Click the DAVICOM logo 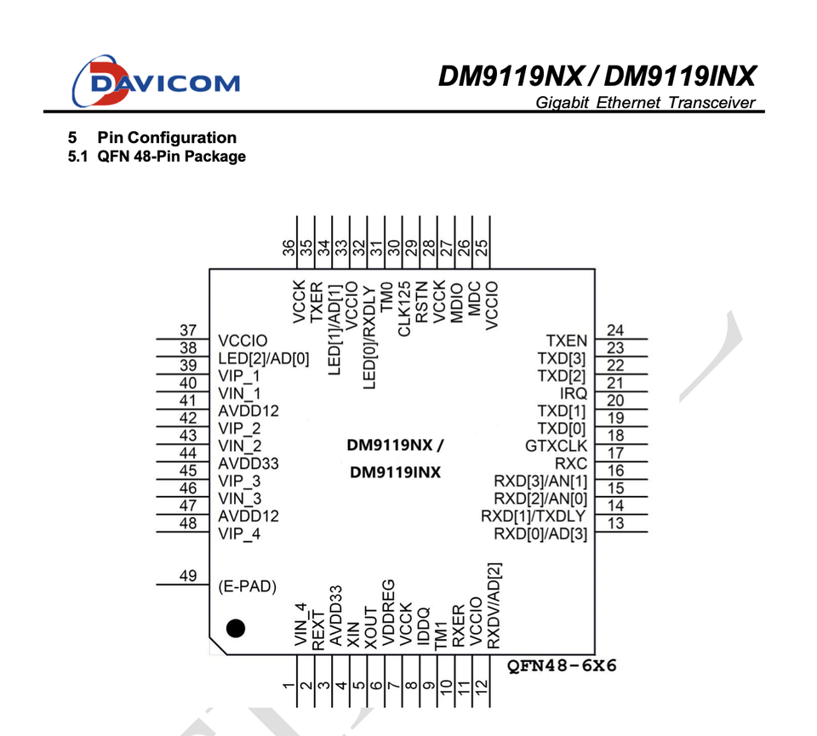[156, 82]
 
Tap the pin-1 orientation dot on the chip [236, 628]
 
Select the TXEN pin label [567, 340]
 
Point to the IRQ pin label [573, 393]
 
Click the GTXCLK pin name [556, 446]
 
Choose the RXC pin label [571, 463]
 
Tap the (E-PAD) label [247, 586]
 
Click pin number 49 [188, 575]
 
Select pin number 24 [615, 330]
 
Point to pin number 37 [188, 330]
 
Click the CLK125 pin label [404, 309]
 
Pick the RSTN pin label [421, 302]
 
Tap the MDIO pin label [456, 303]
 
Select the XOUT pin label [370, 627]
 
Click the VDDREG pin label [388, 613]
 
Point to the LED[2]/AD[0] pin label [264, 358]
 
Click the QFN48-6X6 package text [562, 665]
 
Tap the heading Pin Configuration [167, 138]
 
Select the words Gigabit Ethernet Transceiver [646, 103]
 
